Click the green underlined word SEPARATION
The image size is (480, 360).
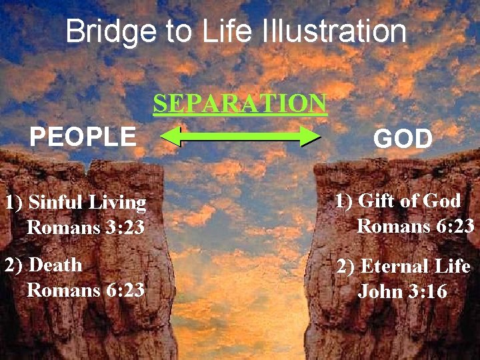tap(240, 104)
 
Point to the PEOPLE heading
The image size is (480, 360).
tap(83, 137)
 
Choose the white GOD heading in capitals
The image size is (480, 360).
tap(403, 139)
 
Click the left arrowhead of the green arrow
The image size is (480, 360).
tap(170, 137)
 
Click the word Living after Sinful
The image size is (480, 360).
tap(118, 203)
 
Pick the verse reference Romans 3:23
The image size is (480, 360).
tap(85, 228)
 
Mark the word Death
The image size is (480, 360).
tap(57, 265)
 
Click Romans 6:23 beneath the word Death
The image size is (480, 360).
tap(85, 290)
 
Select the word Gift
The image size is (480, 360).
tap(377, 200)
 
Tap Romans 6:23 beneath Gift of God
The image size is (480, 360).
tap(415, 226)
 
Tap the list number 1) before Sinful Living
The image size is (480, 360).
tap(14, 203)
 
